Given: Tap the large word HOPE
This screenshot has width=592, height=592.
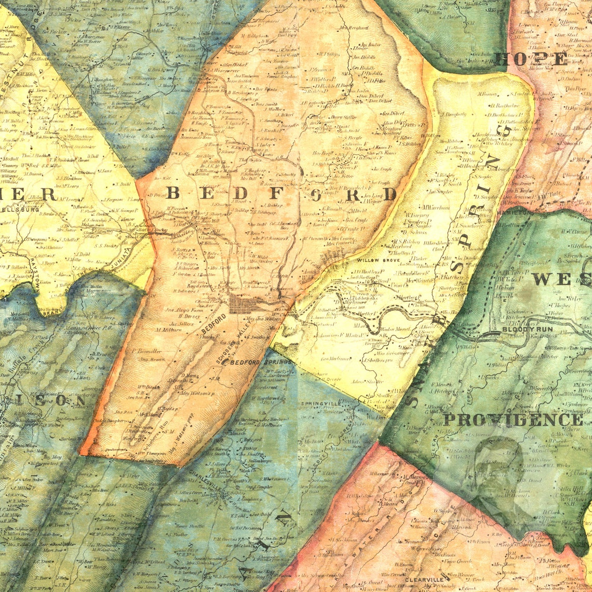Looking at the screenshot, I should click(530, 59).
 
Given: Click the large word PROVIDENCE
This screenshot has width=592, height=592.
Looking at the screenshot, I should click(513, 420).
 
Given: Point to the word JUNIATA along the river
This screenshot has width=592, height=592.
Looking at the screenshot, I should click(122, 258).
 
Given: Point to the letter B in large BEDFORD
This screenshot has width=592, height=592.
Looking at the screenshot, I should click(172, 193).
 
